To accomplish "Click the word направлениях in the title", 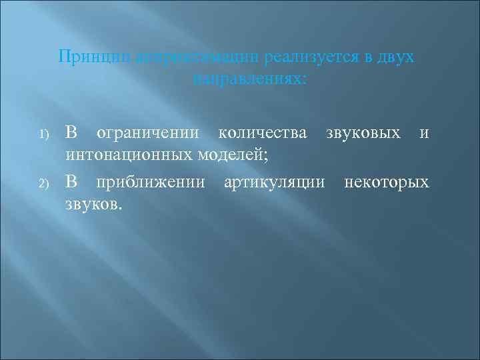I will (x=250, y=79).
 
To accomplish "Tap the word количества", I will (x=264, y=133).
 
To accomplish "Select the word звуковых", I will (x=363, y=133).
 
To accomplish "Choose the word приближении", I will (x=151, y=181).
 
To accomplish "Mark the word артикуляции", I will (x=275, y=181).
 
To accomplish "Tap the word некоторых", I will (x=387, y=181).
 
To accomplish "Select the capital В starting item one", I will (x=71, y=133).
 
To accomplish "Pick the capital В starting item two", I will (x=71, y=181).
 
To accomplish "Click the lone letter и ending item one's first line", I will (x=424, y=133).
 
